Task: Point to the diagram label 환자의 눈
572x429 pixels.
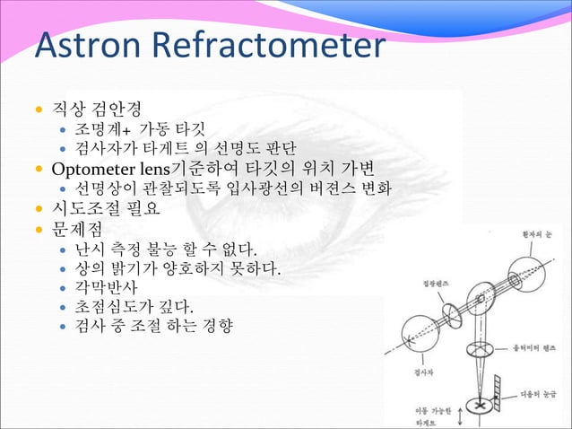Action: point(536,232)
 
